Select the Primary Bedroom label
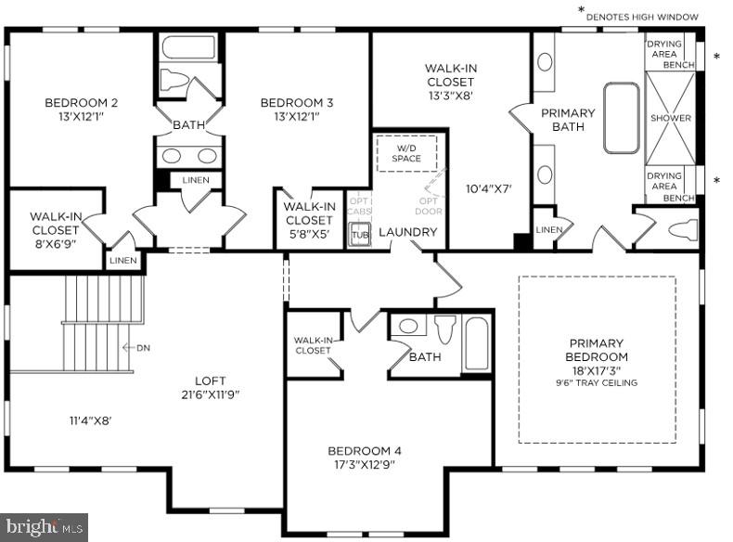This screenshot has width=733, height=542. (x=597, y=350)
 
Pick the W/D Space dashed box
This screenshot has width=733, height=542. (x=406, y=153)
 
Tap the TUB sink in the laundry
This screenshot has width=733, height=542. (x=360, y=236)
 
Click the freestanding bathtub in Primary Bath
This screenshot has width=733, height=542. (x=621, y=118)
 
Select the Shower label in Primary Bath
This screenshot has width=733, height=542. (x=670, y=118)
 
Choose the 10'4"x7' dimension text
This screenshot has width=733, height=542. (x=489, y=188)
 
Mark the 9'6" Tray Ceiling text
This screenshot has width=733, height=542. (x=597, y=382)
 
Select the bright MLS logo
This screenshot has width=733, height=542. (x=44, y=527)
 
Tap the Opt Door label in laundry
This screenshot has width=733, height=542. (x=429, y=206)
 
